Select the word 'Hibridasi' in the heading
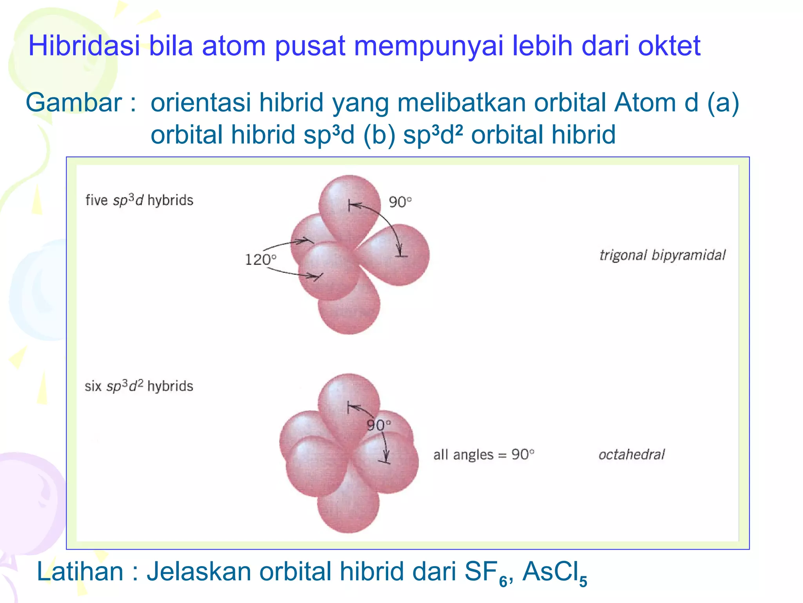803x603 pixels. (x=84, y=46)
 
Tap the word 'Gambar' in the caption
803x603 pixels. (x=74, y=102)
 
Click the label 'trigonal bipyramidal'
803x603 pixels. (x=662, y=255)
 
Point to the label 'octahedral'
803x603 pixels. (x=631, y=455)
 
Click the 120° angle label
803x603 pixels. (x=260, y=259)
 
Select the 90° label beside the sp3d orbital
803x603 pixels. (x=400, y=202)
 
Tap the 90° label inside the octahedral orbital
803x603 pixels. (x=378, y=425)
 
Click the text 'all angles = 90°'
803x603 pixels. (x=483, y=455)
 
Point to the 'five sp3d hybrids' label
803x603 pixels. (x=139, y=200)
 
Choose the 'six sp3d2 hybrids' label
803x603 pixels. (x=139, y=386)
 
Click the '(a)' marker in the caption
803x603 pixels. (x=723, y=102)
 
